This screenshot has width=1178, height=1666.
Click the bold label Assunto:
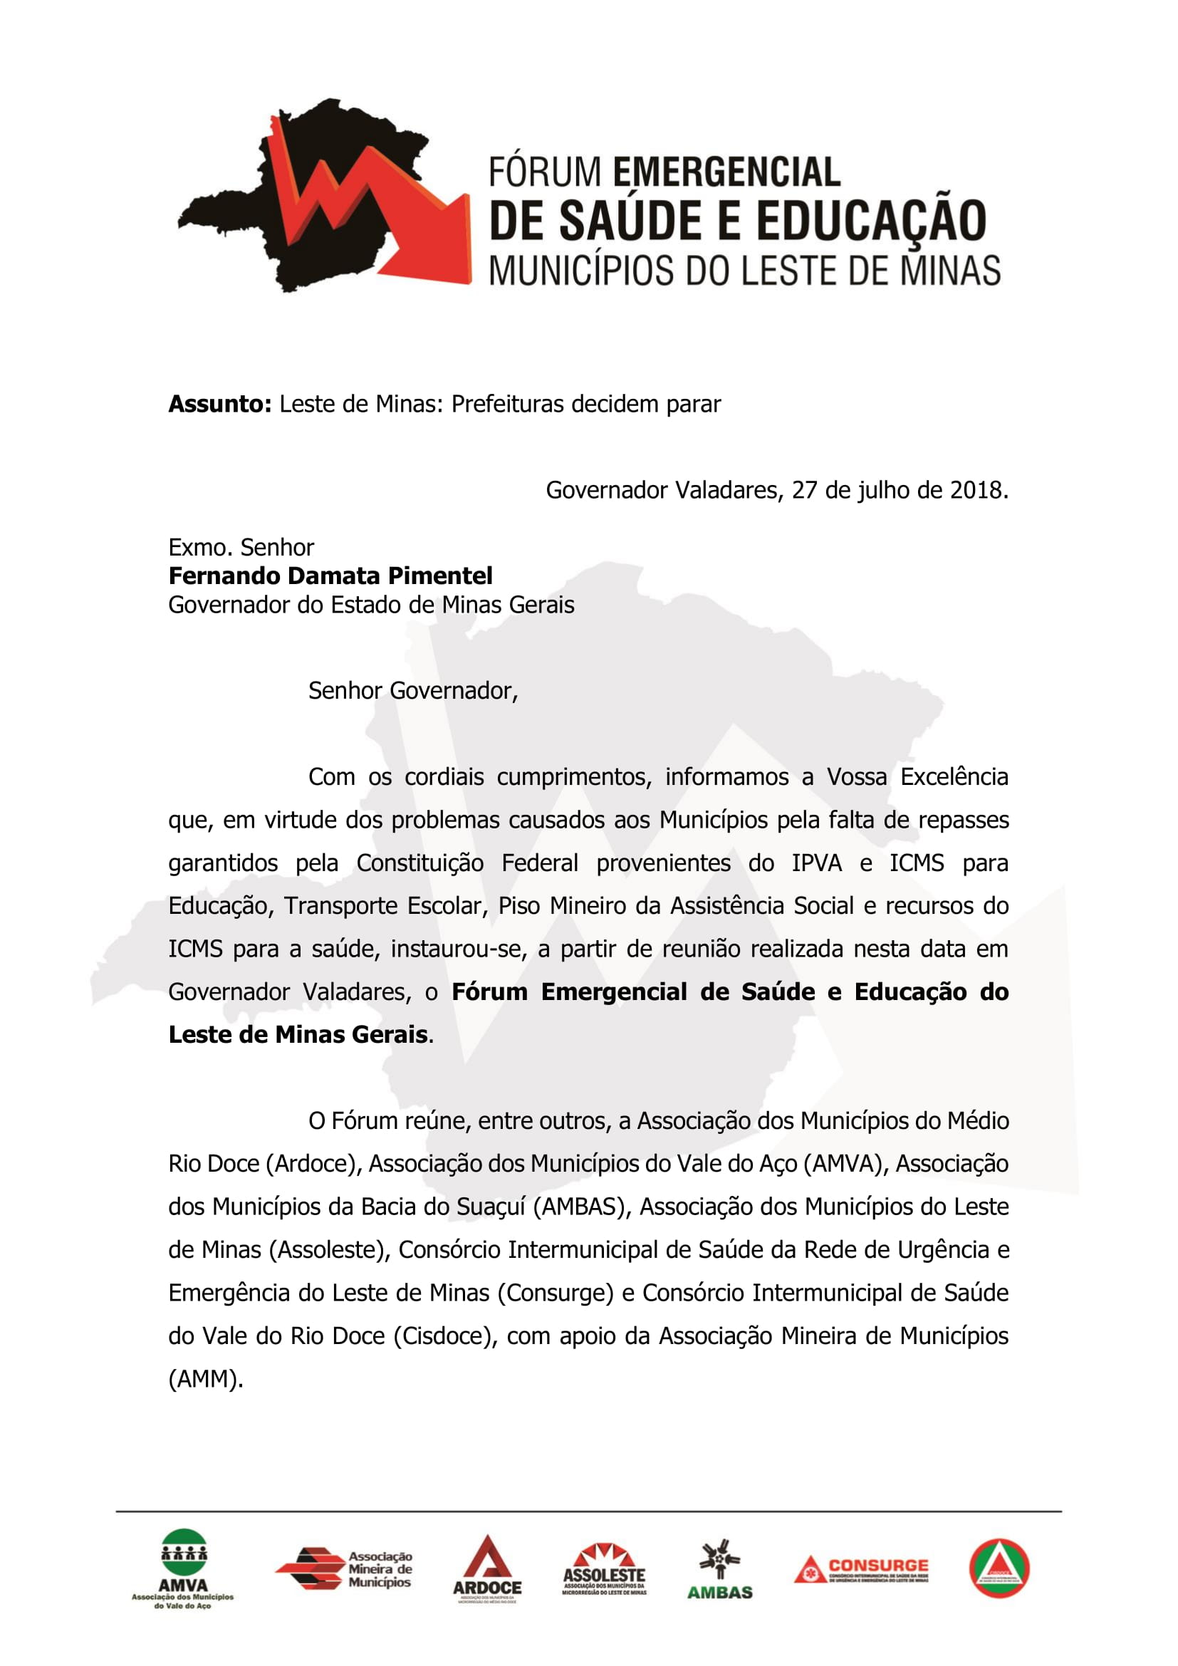[220, 404]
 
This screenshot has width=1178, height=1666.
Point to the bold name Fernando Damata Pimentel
[330, 576]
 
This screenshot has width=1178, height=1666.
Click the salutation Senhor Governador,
[413, 691]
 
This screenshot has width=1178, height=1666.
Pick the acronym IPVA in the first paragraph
[816, 863]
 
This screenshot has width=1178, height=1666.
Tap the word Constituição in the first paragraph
[420, 863]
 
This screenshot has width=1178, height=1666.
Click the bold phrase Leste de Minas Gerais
[298, 1035]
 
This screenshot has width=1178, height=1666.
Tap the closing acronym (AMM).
[205, 1379]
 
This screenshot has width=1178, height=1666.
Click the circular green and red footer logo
[999, 1567]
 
